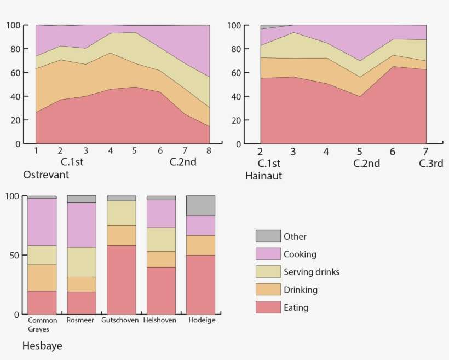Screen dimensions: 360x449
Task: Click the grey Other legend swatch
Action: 268,236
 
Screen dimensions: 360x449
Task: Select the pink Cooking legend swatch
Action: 268,254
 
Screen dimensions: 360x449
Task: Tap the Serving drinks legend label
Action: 312,272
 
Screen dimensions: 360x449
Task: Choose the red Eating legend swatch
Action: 268,307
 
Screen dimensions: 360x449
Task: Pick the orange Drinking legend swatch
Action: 268,289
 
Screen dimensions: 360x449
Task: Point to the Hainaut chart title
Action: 263,176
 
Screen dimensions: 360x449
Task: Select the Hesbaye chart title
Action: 42,346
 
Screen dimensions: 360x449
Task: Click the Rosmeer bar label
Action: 81,320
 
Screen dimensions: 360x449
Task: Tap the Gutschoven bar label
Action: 121,320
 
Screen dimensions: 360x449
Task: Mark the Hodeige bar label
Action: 201,320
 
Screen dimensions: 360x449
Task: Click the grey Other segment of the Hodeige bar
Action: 200,206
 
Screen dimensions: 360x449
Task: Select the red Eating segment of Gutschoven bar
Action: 121,280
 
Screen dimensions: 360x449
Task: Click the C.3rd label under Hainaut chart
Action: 431,163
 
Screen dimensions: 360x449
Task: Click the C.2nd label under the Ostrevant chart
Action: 183,162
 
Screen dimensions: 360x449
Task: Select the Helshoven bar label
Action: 161,320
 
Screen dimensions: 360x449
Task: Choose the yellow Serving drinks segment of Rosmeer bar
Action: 81,262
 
